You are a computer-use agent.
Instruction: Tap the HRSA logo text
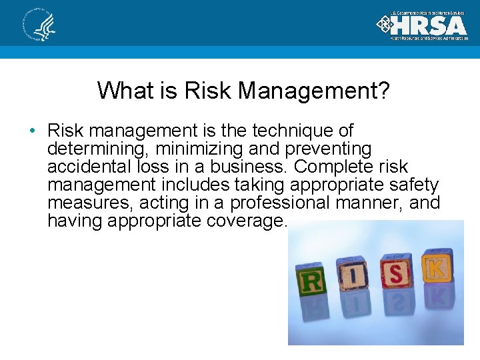point(430,25)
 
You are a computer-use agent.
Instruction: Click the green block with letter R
point(311,279)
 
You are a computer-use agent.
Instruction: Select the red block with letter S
point(395,273)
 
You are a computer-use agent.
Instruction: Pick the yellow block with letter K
point(435,266)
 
